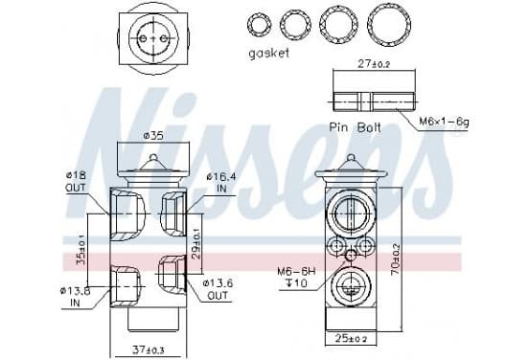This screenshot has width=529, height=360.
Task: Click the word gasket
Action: click(x=269, y=54)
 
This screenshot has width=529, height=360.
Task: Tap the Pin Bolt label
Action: click(x=355, y=127)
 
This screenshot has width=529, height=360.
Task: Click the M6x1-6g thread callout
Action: click(x=444, y=121)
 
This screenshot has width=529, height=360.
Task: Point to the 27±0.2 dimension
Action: click(x=374, y=64)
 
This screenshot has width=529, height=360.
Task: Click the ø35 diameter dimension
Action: click(x=153, y=136)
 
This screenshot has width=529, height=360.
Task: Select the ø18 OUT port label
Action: click(x=77, y=182)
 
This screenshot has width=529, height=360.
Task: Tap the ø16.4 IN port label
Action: click(x=221, y=182)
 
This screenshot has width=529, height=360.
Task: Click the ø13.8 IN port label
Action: click(x=76, y=297)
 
